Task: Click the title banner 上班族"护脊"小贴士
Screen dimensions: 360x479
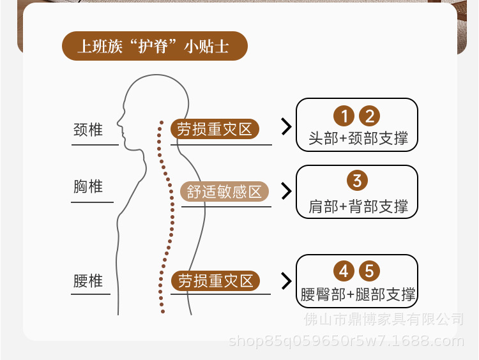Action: pos(154,46)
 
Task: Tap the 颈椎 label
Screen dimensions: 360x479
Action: pos(88,130)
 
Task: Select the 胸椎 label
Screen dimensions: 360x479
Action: pos(88,187)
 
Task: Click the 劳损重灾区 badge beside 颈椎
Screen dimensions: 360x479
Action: pos(215,129)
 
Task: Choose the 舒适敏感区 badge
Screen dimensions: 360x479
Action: pos(224,191)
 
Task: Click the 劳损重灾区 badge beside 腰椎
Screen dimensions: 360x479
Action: pos(215,280)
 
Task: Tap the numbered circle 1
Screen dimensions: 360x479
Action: pos(344,116)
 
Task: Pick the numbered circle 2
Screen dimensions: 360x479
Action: pos(369,116)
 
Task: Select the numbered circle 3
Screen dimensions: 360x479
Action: pos(357,180)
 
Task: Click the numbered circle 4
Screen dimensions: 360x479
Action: pos(344,271)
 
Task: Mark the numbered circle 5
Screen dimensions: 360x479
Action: pos(369,271)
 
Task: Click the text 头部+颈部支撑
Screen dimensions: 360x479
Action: pos(358,138)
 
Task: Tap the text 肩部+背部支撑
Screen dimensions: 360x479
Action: pos(358,206)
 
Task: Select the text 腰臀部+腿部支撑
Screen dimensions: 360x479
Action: pos(358,294)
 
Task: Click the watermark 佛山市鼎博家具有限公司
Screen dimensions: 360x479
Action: pos(392,319)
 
